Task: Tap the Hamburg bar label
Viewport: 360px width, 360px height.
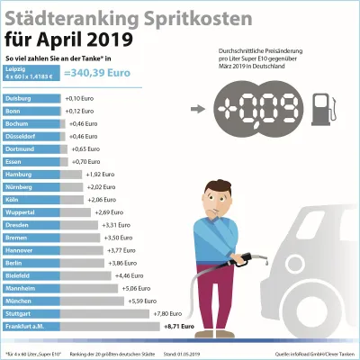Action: (x=20, y=173)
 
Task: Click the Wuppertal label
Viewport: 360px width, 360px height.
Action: (x=22, y=211)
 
